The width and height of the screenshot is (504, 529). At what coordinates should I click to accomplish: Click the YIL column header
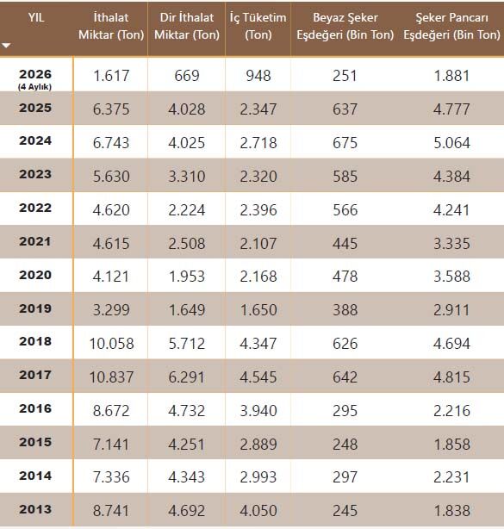tap(36, 17)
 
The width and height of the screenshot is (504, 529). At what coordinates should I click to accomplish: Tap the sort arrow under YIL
tap(6, 45)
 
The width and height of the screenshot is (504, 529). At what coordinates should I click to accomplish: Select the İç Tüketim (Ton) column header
tap(258, 26)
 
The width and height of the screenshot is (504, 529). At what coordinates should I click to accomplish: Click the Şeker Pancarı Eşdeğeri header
tap(451, 26)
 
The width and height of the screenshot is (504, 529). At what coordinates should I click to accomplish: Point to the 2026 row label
tap(35, 74)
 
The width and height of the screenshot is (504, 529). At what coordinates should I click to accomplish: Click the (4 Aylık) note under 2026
tap(34, 87)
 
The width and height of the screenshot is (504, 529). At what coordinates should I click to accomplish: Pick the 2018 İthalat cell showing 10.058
tap(111, 344)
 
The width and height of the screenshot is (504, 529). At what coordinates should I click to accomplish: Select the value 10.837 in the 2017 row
tap(111, 377)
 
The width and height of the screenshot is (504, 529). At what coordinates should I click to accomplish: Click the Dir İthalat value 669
tap(187, 75)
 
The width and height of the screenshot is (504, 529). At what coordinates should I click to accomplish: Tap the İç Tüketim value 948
tap(258, 75)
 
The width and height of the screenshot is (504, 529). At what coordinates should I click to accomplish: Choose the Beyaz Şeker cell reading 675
tap(345, 142)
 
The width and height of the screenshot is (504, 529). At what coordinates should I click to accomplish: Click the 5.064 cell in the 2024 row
tap(451, 142)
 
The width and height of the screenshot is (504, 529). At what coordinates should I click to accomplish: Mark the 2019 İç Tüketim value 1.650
tap(258, 309)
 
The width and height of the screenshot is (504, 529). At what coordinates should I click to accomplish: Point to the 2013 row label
tap(35, 509)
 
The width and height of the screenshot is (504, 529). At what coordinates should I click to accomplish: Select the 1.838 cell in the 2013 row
tap(451, 510)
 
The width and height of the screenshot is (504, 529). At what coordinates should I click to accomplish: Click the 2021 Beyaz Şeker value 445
tap(345, 243)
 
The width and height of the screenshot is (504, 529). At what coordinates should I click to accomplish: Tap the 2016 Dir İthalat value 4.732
tap(187, 411)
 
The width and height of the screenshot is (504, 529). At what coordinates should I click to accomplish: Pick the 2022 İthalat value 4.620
tap(111, 210)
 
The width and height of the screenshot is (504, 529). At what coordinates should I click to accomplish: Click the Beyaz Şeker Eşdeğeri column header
tap(345, 26)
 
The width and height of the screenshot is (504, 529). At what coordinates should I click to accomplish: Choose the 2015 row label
tap(35, 442)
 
